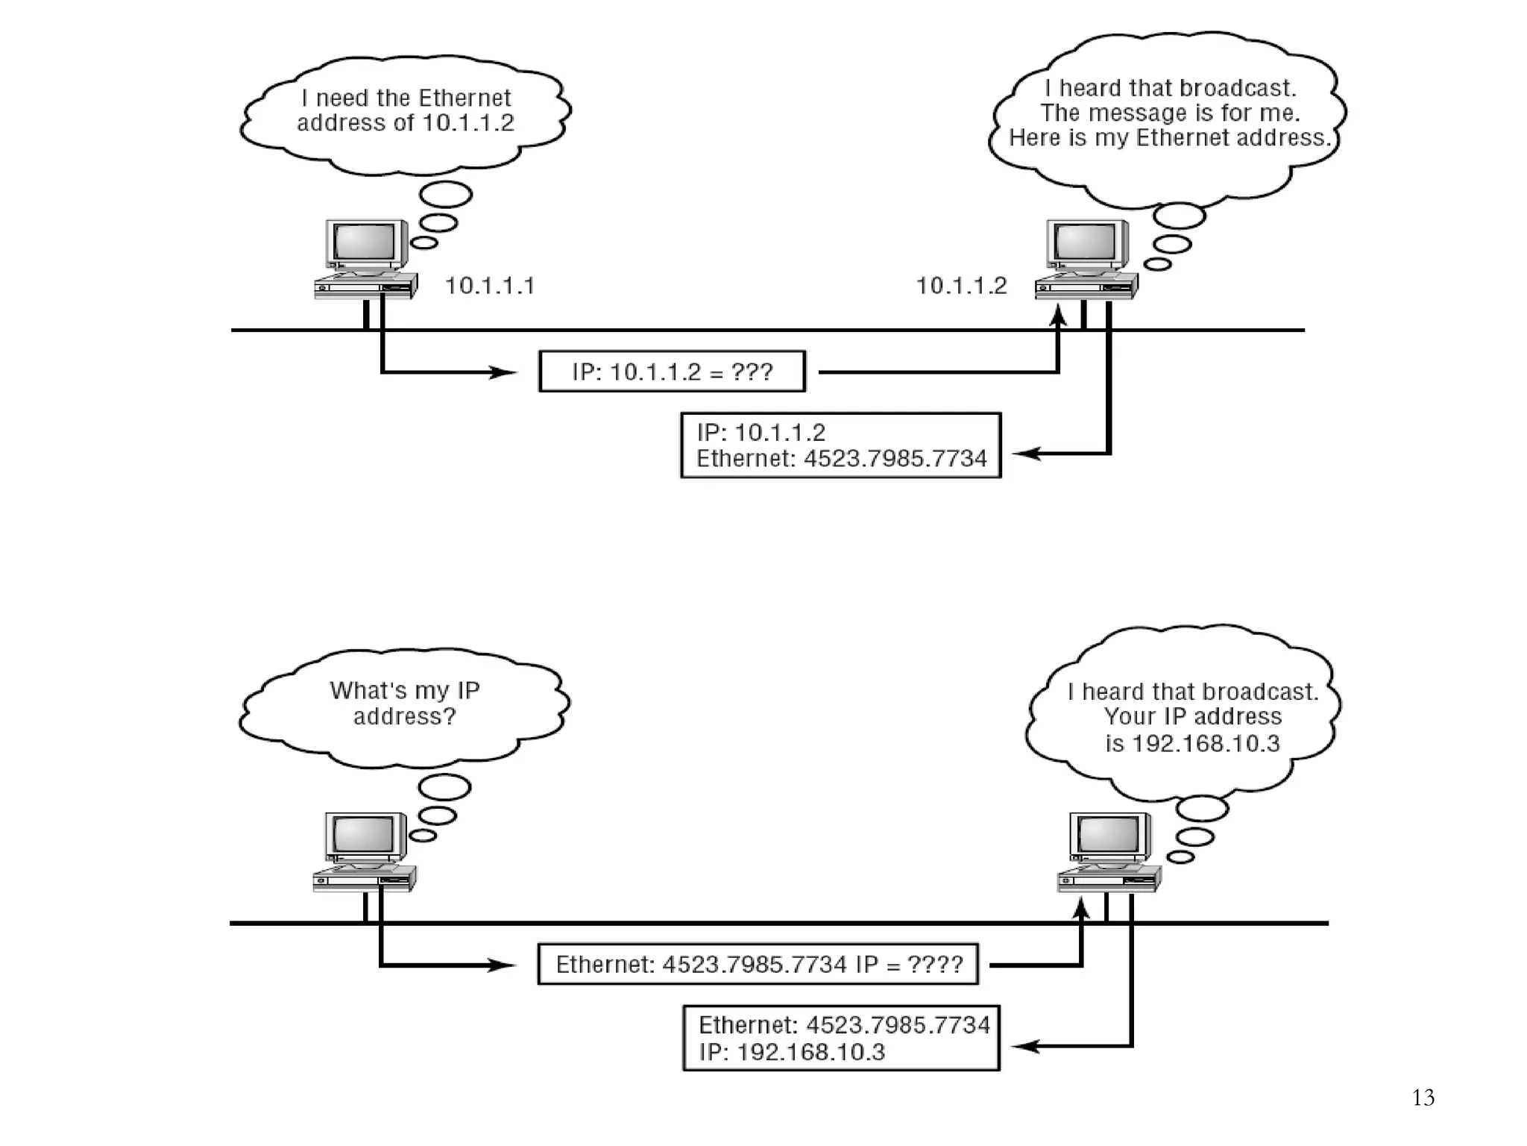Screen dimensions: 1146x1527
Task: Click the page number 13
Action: pos(1423,1098)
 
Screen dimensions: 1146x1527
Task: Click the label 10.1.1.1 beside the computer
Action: pos(490,286)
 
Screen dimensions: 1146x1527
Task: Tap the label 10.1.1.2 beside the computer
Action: pos(961,286)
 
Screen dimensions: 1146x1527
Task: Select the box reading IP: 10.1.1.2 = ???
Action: pos(672,372)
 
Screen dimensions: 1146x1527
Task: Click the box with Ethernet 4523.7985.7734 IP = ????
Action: pos(758,964)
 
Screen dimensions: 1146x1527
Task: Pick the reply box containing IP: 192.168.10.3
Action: pos(841,1038)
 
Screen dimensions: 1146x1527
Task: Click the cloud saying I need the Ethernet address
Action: pos(405,111)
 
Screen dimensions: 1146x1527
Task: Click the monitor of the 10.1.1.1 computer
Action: pos(365,242)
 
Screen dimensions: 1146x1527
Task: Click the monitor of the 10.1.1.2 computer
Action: pos(1086,242)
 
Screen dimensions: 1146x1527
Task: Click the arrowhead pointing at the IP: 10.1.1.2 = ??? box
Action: pos(503,372)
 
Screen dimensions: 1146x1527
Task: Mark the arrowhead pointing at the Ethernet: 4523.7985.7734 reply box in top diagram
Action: pos(1027,453)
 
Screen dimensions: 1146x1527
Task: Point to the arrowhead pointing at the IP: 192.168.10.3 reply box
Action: pos(1027,1047)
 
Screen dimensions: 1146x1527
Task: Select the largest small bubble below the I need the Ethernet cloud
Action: pos(446,195)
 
